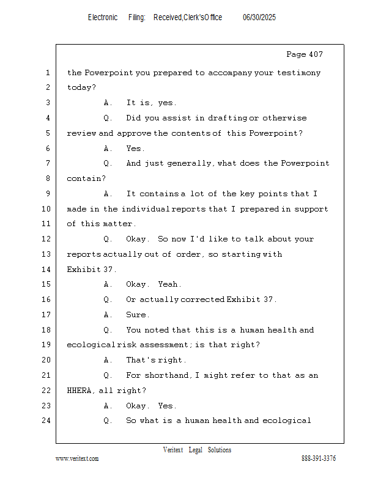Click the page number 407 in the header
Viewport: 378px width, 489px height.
coord(316,54)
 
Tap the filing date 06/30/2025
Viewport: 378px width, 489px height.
coord(259,18)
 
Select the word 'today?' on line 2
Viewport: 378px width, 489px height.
coord(81,87)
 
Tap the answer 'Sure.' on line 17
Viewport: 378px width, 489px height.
coord(138,315)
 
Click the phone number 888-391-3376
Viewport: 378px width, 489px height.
coord(319,458)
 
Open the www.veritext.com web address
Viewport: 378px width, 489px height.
coord(77,458)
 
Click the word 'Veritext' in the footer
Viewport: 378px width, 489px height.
coord(173,450)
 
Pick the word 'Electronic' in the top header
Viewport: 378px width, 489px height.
coord(103,18)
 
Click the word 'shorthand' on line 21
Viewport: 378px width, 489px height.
coord(166,375)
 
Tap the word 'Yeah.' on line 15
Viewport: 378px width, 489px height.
coord(169,284)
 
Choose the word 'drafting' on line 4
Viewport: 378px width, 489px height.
coord(222,118)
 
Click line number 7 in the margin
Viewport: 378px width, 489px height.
coord(48,163)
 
